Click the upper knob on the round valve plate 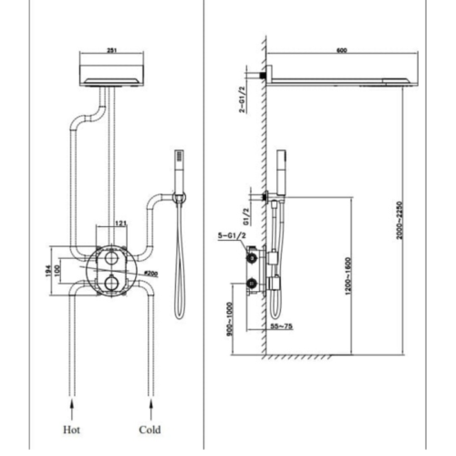pyautogui.click(x=109, y=261)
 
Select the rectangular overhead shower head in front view pyautogui.click(x=111, y=73)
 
